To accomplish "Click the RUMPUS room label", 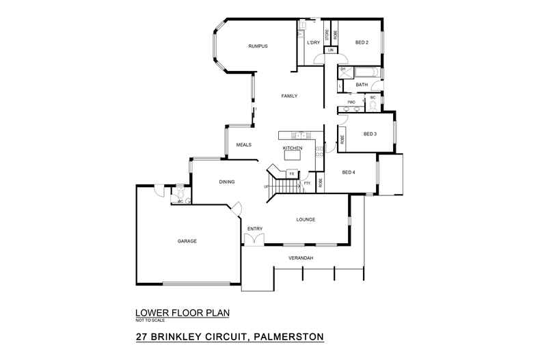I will [x=257, y=46].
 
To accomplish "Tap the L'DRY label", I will [x=314, y=43].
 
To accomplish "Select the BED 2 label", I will [x=362, y=43].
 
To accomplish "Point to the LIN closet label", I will [x=331, y=51].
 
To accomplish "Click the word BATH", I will [x=362, y=85].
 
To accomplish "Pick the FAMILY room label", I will [x=289, y=96].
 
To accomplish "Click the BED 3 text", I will [x=370, y=134].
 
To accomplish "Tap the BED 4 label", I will [x=348, y=172].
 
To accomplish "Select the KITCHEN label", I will [x=293, y=148].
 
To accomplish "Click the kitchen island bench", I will [x=293, y=156].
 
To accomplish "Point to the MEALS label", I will [x=244, y=145].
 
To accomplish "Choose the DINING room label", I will [x=227, y=182].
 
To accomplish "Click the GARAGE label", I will [x=187, y=241].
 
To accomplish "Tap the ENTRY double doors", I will [x=254, y=238].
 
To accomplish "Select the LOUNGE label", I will [x=305, y=220].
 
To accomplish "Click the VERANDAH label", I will [x=301, y=258].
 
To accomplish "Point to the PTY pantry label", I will [x=307, y=183].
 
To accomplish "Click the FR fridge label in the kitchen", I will [x=292, y=175].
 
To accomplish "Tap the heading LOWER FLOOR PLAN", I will [x=182, y=314].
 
